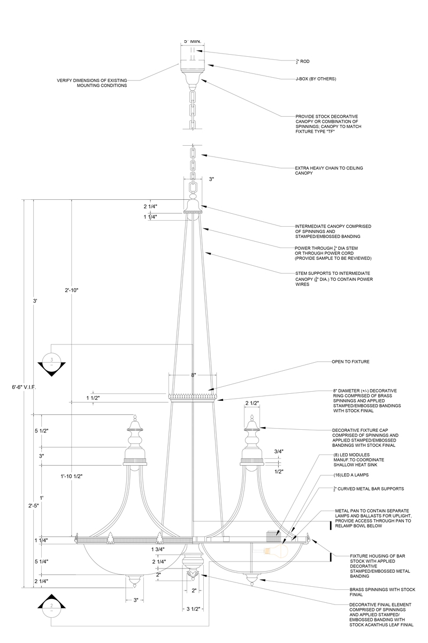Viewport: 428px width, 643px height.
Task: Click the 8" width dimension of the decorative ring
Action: (x=193, y=376)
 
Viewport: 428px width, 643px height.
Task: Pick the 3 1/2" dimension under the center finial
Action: (x=193, y=609)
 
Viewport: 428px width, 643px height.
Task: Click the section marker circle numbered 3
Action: (x=52, y=359)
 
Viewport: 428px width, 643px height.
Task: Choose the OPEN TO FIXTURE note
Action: (x=350, y=362)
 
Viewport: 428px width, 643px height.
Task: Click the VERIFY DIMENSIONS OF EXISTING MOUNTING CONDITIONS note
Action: (x=92, y=83)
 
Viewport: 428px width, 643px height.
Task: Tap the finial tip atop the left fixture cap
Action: (x=135, y=417)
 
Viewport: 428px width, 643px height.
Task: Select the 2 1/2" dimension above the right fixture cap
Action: (x=253, y=403)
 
